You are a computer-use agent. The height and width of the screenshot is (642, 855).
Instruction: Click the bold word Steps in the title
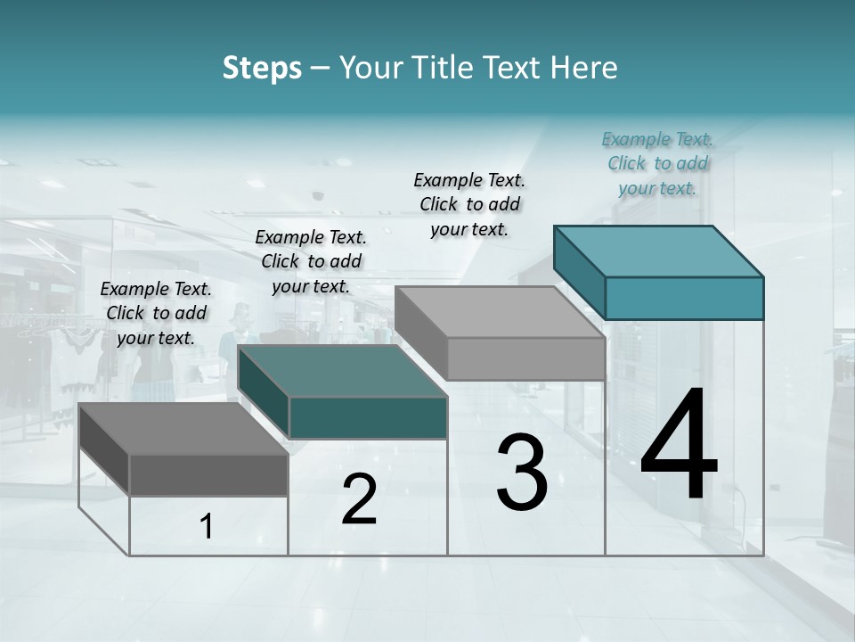(x=262, y=68)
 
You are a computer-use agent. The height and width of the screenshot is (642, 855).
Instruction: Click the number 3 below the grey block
(x=522, y=473)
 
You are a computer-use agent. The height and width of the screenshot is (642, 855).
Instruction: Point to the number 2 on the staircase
(x=359, y=499)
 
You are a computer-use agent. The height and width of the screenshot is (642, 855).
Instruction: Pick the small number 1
(x=207, y=527)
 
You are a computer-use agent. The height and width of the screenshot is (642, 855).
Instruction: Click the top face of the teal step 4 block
(x=659, y=251)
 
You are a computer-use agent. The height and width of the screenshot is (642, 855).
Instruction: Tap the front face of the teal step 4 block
(x=684, y=298)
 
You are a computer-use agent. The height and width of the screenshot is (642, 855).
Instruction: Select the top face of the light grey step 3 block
(x=499, y=311)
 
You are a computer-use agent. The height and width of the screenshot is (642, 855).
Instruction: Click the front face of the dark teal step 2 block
(x=368, y=417)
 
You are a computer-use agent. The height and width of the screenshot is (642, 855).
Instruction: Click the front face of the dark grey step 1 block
(x=208, y=474)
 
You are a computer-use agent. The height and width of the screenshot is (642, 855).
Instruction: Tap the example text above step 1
(x=156, y=313)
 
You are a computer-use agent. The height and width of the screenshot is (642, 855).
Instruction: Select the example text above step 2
(x=311, y=261)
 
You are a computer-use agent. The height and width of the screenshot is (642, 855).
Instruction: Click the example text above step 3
(x=469, y=204)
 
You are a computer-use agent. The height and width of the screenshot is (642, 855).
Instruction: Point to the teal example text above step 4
(x=657, y=163)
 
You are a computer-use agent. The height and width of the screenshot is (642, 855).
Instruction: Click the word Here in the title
(x=584, y=68)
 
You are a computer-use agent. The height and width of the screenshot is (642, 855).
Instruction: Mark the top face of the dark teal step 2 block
(x=342, y=370)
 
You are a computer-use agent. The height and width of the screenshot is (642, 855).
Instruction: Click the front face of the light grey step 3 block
(x=525, y=358)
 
